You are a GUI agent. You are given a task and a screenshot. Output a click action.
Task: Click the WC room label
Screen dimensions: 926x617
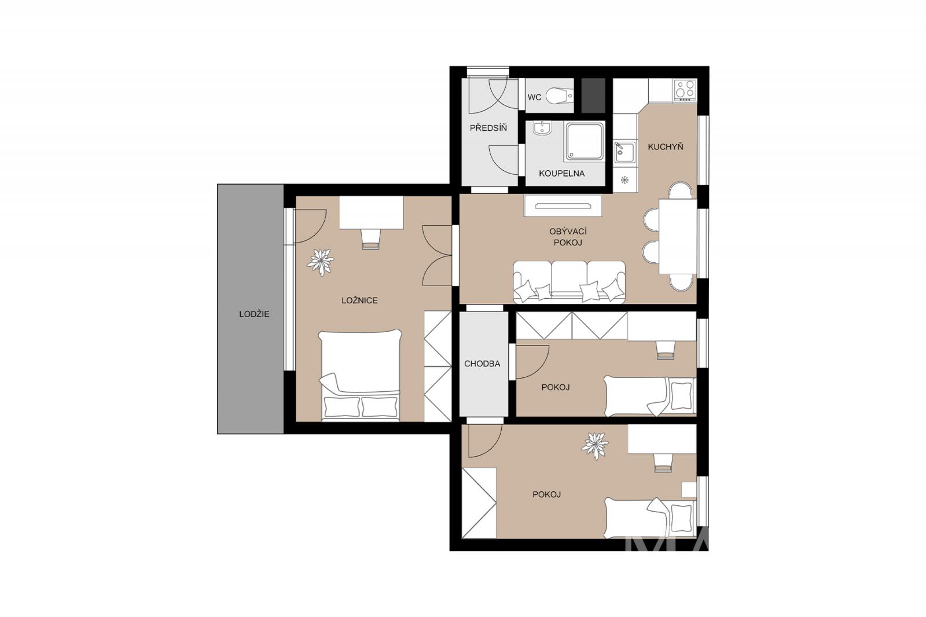click(534, 98)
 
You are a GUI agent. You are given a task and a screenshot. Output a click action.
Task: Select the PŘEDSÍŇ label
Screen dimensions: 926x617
click(488, 128)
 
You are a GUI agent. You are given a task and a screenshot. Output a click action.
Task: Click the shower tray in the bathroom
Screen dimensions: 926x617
click(584, 141)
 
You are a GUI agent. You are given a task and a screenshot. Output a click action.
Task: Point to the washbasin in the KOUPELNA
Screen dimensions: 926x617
click(542, 128)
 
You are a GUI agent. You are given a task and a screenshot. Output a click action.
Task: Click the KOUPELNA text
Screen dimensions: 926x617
click(561, 174)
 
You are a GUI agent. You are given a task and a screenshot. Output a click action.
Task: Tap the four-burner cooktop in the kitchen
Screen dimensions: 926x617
click(685, 90)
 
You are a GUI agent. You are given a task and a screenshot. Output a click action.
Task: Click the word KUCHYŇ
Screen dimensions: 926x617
click(666, 147)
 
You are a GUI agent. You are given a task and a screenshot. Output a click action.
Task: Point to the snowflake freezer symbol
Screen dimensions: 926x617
click(624, 180)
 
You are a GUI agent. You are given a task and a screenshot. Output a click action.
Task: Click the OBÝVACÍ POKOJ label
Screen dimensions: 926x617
click(568, 237)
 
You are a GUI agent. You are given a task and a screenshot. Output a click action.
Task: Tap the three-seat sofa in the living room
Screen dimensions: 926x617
click(569, 282)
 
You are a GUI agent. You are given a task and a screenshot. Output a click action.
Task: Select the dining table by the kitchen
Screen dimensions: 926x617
click(678, 237)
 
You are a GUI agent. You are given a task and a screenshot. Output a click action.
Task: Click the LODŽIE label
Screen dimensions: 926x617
click(254, 314)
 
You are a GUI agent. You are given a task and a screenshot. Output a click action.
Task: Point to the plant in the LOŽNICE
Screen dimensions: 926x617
click(321, 262)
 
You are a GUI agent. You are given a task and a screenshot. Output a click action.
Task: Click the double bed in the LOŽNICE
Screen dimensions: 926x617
click(360, 375)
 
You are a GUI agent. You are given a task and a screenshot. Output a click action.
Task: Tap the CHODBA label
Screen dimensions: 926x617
click(482, 364)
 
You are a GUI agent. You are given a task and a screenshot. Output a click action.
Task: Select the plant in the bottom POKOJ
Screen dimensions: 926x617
click(595, 446)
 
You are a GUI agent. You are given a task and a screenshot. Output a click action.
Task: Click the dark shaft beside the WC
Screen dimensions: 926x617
click(594, 95)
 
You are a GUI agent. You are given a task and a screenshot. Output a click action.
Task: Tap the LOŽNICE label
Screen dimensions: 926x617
click(359, 300)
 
